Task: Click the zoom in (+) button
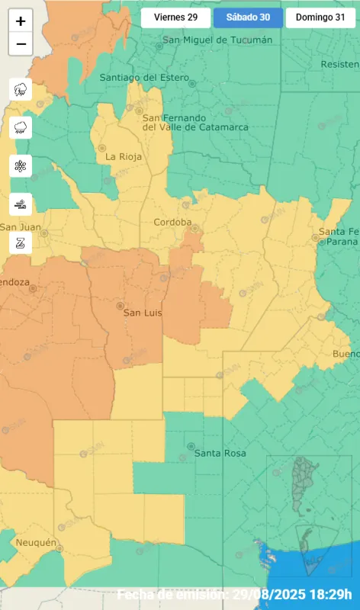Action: [x=21, y=21]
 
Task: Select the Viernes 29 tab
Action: [x=176, y=18]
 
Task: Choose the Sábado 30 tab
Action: [x=248, y=18]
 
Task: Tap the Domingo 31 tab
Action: [x=320, y=18]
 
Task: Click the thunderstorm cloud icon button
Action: [x=21, y=89]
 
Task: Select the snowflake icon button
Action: [x=21, y=165]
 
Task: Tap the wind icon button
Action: [x=21, y=204]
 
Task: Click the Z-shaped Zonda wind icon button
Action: [x=21, y=242]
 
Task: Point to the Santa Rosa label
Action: [x=220, y=453]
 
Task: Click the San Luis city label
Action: [x=143, y=313]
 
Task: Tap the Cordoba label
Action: [x=172, y=222]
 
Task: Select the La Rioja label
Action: [x=121, y=156]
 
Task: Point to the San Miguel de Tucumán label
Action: [x=206, y=40]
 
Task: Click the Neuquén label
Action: [x=36, y=542]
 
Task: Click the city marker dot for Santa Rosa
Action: [x=191, y=446]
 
